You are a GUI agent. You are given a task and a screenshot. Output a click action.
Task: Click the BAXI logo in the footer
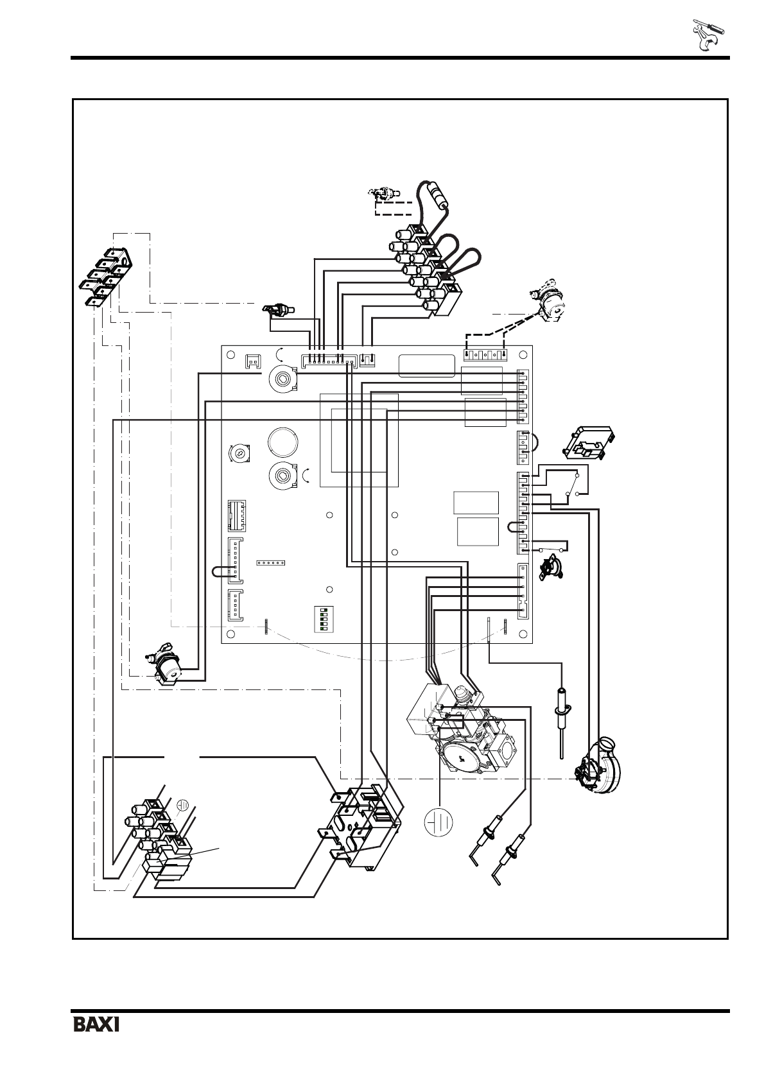tap(96, 1023)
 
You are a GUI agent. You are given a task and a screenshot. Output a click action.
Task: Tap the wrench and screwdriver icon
tap(708, 35)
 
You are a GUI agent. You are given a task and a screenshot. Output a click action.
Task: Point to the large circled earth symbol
tap(439, 821)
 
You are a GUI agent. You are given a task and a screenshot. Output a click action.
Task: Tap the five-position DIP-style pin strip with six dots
tap(270, 562)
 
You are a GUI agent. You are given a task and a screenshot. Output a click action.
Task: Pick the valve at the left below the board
tap(166, 664)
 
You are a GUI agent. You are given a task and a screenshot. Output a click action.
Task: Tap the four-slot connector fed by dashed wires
tap(485, 354)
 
